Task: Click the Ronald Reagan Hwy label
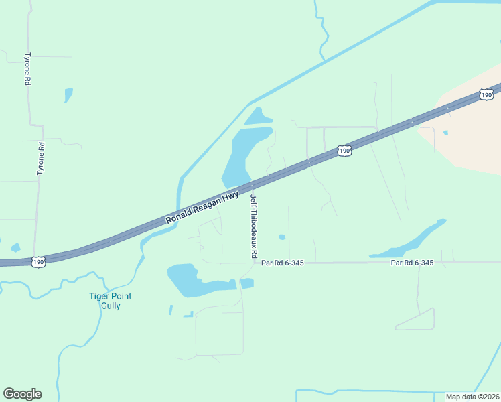(202, 208)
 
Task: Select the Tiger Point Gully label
(111, 301)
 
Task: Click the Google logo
(22, 394)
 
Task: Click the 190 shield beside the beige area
(487, 95)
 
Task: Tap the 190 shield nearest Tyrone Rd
(38, 261)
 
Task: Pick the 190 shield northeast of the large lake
(344, 151)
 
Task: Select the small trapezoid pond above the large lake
(256, 117)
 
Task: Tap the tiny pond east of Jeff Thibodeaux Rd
(282, 237)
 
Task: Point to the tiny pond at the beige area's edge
(445, 132)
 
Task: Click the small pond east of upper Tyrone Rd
(68, 95)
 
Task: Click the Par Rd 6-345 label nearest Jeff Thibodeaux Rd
(283, 263)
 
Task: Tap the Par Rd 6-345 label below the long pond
(413, 263)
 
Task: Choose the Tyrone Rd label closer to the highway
(41, 159)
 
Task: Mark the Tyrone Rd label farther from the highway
(28, 69)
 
